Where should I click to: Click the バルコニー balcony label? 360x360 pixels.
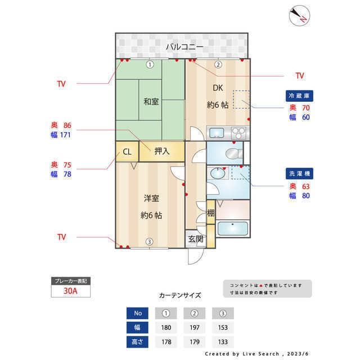pyautogui.click(x=181, y=47)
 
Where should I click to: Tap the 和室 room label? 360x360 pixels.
pyautogui.click(x=150, y=102)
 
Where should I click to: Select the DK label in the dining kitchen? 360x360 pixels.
pyautogui.click(x=217, y=87)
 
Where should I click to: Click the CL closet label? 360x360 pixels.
pyautogui.click(x=127, y=151)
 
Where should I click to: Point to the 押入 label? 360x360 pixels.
pyautogui.click(x=162, y=151)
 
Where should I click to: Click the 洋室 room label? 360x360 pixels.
pyautogui.click(x=151, y=198)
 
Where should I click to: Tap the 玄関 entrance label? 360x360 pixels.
pyautogui.click(x=196, y=238)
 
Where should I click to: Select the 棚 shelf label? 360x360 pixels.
pyautogui.click(x=210, y=213)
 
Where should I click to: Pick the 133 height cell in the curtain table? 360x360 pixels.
pyautogui.click(x=223, y=341)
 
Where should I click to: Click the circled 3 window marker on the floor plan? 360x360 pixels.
pyautogui.click(x=150, y=242)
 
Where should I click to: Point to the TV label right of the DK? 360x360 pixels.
pyautogui.click(x=299, y=75)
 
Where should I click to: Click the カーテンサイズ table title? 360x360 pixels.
pyautogui.click(x=180, y=295)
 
